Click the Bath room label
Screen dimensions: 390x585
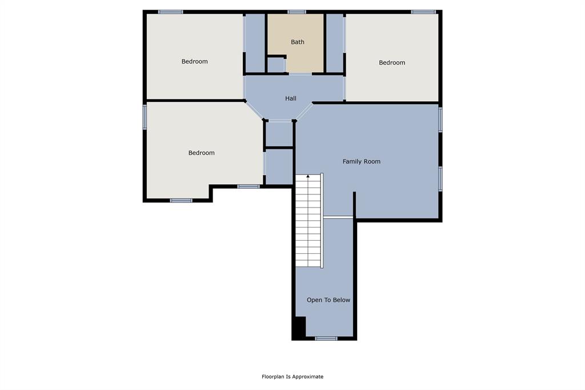298,42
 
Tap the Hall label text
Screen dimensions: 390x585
291,98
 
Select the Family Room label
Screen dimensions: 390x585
362,161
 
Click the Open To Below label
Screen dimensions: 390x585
328,300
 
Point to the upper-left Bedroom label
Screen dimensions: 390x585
195,61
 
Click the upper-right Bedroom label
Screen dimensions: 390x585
392,62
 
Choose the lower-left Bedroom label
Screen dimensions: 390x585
202,153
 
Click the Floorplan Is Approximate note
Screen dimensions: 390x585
292,376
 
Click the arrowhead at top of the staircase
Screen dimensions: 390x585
308,176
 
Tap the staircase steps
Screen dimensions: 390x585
308,223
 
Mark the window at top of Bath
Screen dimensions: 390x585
296,11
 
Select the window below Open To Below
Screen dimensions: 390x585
326,339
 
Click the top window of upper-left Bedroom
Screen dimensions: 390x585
170,11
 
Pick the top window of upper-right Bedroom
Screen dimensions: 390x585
423,11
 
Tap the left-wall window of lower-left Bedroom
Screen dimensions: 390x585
145,117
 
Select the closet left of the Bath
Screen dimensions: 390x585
255,42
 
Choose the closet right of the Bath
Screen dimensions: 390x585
334,42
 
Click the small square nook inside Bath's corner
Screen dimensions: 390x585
276,65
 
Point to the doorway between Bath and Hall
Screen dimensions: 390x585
300,74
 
